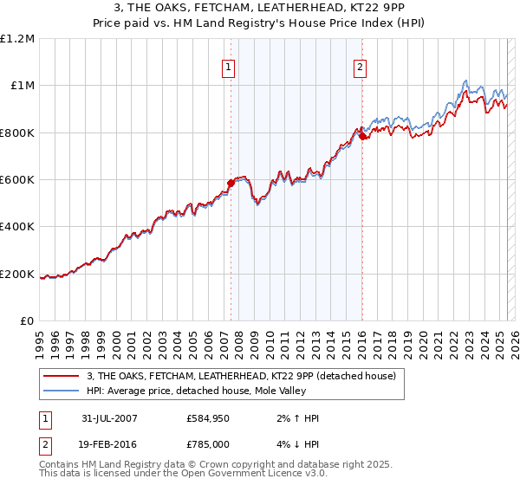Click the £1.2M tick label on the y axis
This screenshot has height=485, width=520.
point(18,38)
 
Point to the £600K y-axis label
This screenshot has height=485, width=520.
point(17,179)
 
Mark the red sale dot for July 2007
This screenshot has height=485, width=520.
point(231,183)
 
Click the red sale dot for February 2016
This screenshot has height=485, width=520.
point(362,135)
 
